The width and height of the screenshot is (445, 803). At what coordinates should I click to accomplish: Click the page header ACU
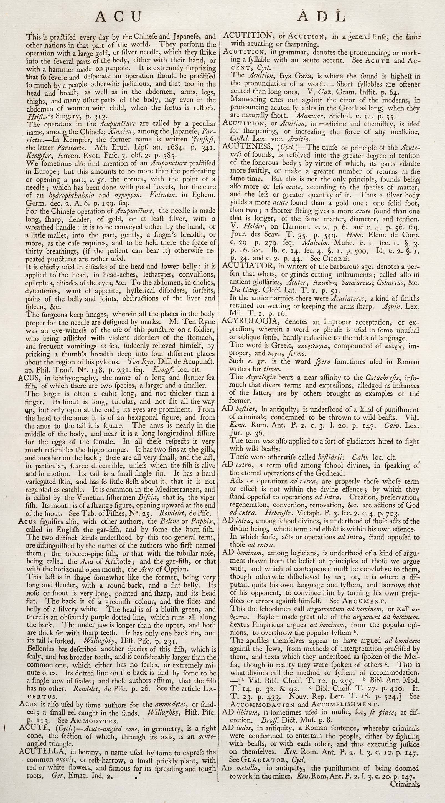click(118, 17)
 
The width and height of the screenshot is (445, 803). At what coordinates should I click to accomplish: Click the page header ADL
click(321, 17)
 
